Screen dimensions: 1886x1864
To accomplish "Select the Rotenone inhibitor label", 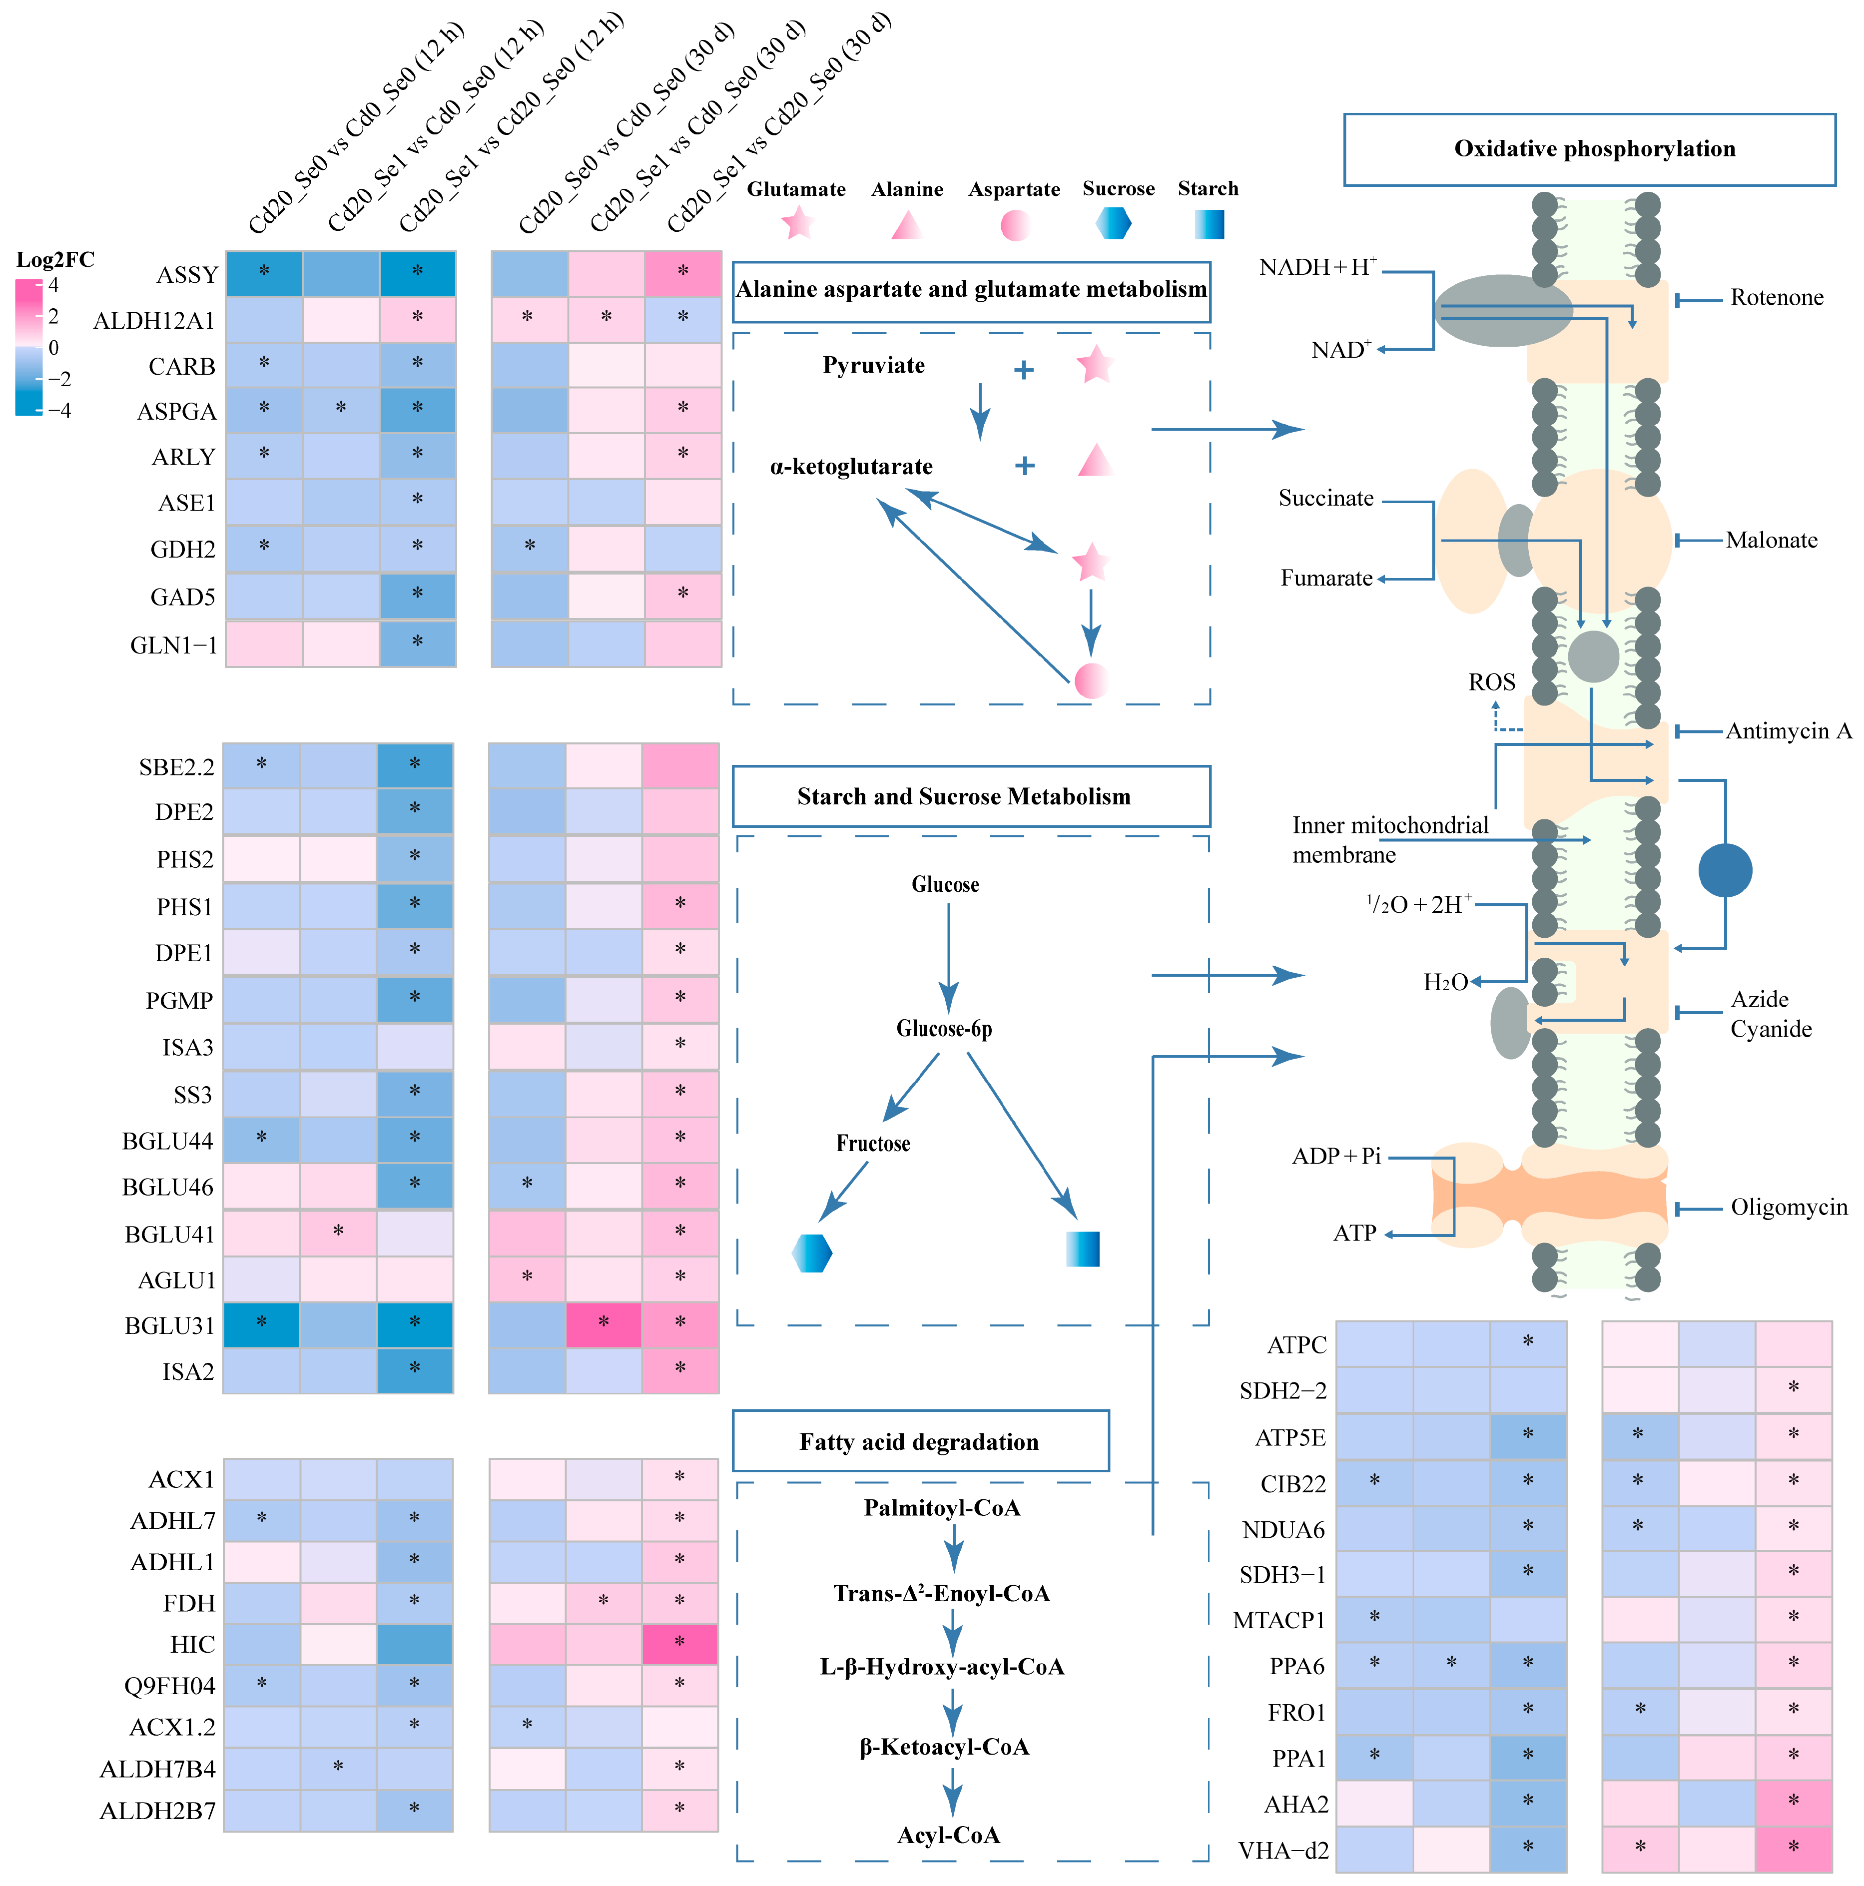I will tap(1776, 298).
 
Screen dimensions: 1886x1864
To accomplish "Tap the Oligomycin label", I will tap(1788, 1208).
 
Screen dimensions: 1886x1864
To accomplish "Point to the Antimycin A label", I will tap(1788, 731).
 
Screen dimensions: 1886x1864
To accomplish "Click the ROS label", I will tap(1491, 682).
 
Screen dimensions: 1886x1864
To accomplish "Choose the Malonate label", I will tap(1771, 540).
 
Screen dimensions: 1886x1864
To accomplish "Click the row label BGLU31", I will tap(169, 1325).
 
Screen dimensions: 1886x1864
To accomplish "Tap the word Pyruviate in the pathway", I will tap(873, 365).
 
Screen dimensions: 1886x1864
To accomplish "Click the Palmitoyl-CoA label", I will tap(942, 1508).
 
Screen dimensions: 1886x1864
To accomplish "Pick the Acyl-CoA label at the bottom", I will tap(948, 1835).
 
